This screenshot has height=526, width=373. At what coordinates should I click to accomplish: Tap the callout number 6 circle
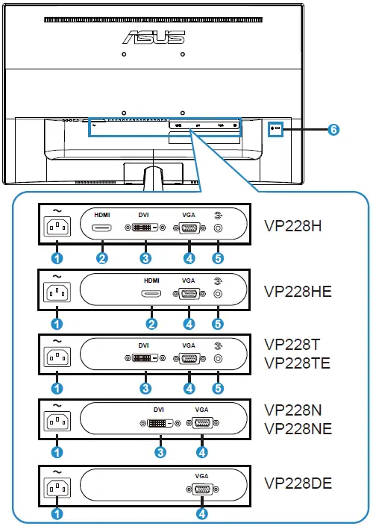(333, 129)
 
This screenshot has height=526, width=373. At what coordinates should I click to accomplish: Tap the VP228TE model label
(301, 363)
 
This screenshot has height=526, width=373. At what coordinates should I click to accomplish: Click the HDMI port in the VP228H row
(102, 228)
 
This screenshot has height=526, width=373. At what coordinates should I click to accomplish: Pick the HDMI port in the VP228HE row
(151, 293)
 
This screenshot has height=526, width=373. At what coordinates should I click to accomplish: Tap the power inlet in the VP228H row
(57, 228)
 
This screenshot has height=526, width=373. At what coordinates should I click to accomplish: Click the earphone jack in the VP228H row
(218, 228)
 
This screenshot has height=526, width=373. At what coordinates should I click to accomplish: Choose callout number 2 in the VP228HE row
(151, 324)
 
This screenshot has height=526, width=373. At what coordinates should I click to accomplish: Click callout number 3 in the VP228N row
(159, 451)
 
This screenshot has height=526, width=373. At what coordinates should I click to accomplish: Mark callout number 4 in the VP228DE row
(201, 513)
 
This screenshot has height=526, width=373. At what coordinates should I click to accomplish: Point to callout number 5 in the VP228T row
(218, 388)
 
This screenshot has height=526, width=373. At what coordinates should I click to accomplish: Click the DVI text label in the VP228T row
(144, 345)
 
